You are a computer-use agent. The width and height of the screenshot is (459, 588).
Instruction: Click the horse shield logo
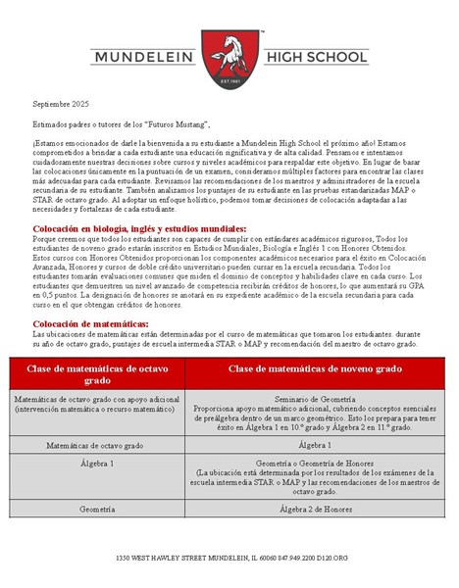tap(229, 56)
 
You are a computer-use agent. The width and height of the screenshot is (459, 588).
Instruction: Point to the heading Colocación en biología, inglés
tap(139, 227)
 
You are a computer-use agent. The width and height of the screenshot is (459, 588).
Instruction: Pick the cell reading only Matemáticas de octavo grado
tap(98, 444)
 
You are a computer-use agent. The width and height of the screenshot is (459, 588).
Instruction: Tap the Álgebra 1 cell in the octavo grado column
tap(98, 462)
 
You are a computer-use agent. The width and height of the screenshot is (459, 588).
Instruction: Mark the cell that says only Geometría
tap(98, 510)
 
